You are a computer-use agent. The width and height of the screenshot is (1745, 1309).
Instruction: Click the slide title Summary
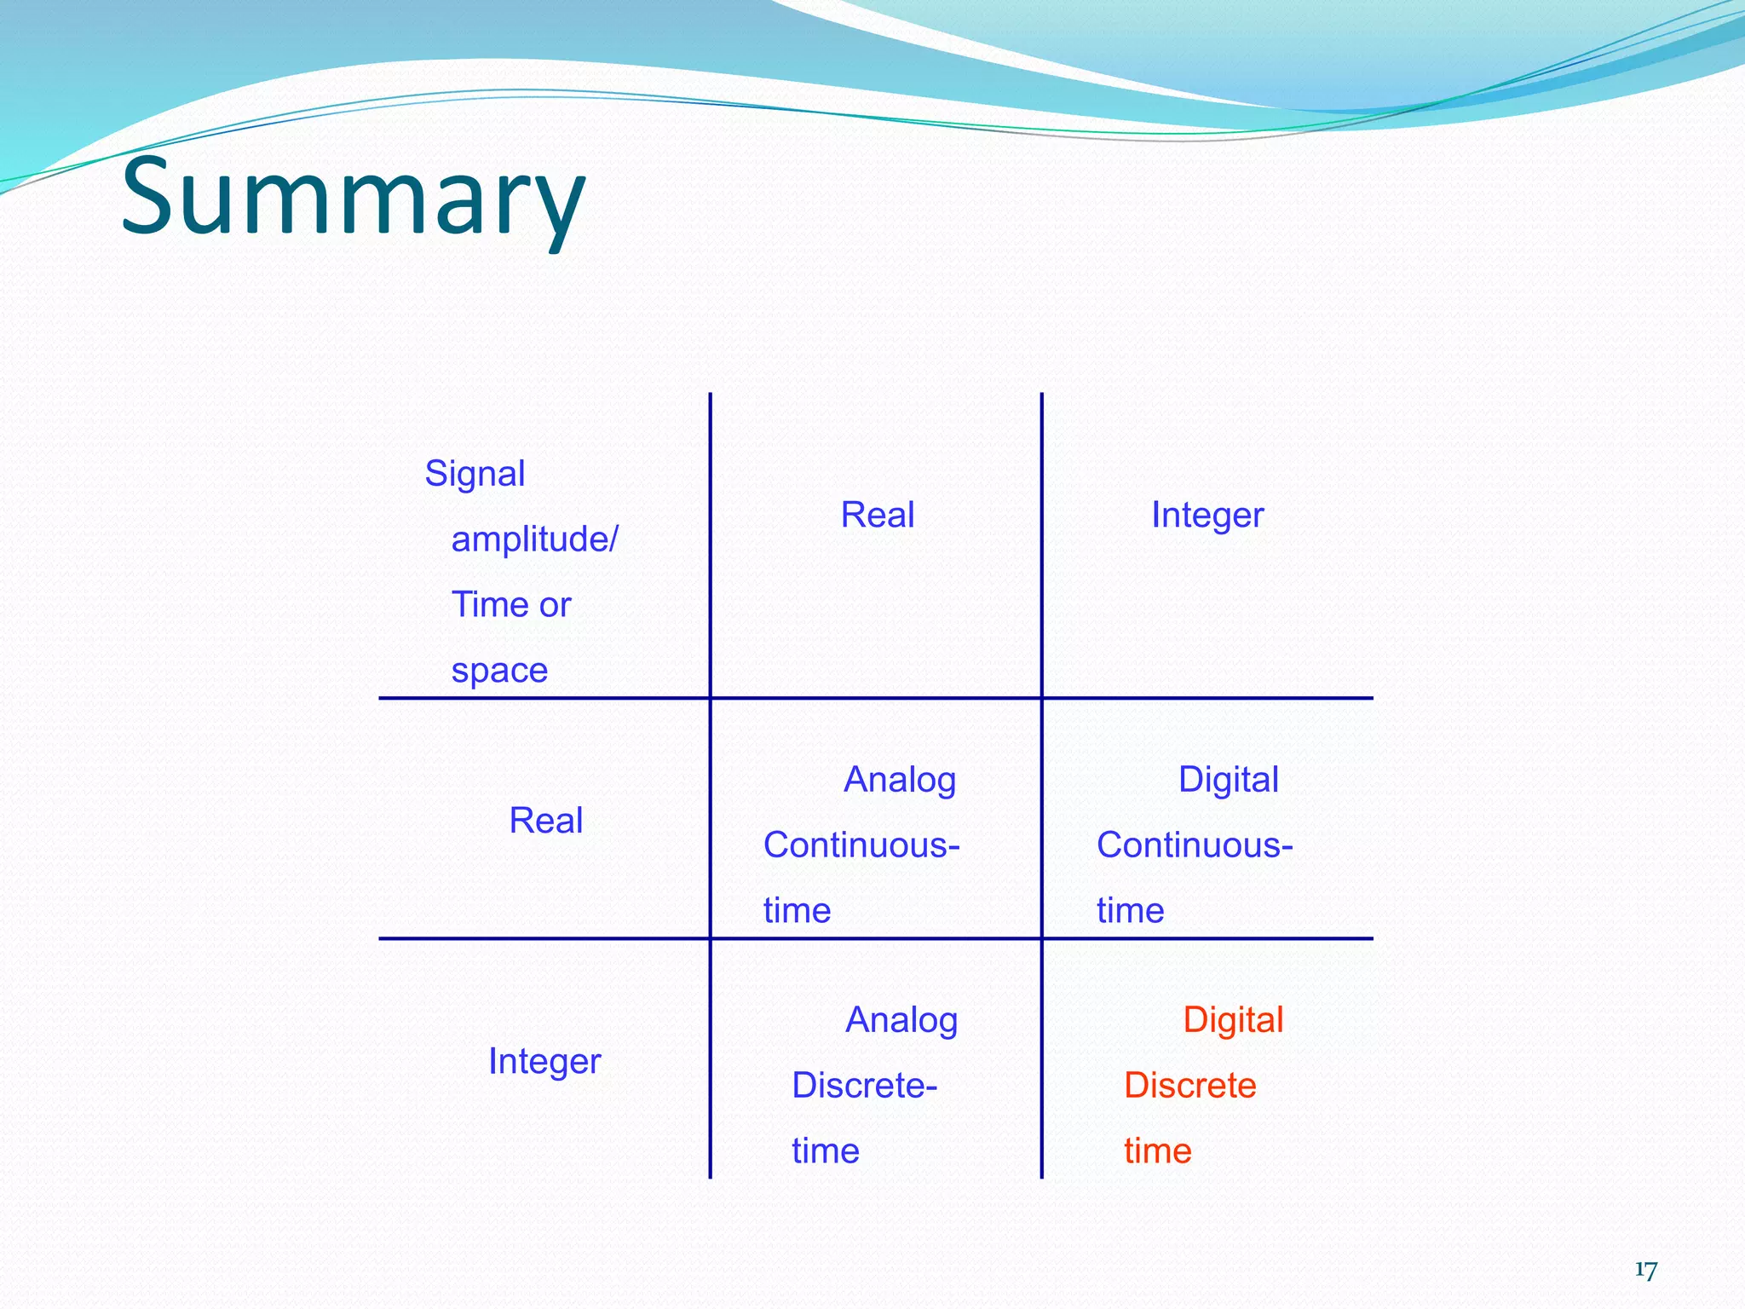point(353,198)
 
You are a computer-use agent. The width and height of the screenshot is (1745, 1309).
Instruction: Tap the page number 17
point(1645,1270)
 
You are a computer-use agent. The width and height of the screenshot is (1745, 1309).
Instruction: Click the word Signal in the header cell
point(475,474)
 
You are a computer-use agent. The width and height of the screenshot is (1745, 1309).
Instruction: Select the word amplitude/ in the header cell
point(534,539)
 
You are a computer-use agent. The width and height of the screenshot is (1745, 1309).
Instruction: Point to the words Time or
point(510,605)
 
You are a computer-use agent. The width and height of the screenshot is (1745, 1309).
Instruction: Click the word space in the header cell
point(499,670)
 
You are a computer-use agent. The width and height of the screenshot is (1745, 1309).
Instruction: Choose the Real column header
point(877,515)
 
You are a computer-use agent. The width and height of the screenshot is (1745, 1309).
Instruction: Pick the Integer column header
point(1207,515)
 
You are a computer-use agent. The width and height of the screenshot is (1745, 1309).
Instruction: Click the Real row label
point(545,821)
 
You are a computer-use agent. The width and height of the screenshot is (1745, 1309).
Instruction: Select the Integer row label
point(544,1061)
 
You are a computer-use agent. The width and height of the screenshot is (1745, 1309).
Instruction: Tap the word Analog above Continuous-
point(900,780)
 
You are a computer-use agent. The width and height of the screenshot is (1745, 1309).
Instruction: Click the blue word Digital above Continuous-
point(1228,780)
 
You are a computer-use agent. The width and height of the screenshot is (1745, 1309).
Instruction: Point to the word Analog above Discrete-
point(901,1020)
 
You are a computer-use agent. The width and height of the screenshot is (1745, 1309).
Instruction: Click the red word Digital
point(1232,1020)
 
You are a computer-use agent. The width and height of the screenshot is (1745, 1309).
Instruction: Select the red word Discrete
point(1189,1086)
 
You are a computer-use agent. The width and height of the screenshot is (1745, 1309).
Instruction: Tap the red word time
point(1157,1151)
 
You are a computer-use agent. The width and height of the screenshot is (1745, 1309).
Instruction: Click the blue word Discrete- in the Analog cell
point(864,1086)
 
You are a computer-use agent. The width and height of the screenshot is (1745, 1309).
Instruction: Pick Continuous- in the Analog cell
point(861,845)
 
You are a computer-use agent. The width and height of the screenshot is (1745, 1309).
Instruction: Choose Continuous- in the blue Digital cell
point(1195,845)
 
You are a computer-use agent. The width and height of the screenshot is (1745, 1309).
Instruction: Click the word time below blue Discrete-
point(825,1151)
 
